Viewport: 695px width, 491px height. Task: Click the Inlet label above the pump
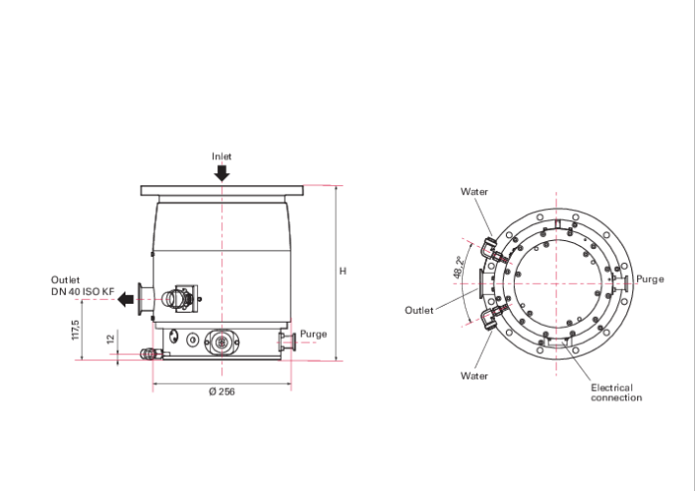222,156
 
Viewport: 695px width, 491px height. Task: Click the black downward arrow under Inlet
222,173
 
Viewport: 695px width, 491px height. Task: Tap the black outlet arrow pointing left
125,300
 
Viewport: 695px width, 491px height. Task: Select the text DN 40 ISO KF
83,292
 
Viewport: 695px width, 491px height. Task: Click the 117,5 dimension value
76,330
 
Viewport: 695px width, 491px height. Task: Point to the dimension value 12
111,339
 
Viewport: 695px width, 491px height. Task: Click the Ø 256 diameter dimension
222,391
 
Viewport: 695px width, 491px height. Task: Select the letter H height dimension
343,271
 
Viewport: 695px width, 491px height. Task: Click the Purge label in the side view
314,334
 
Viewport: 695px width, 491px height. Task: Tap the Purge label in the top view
650,279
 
